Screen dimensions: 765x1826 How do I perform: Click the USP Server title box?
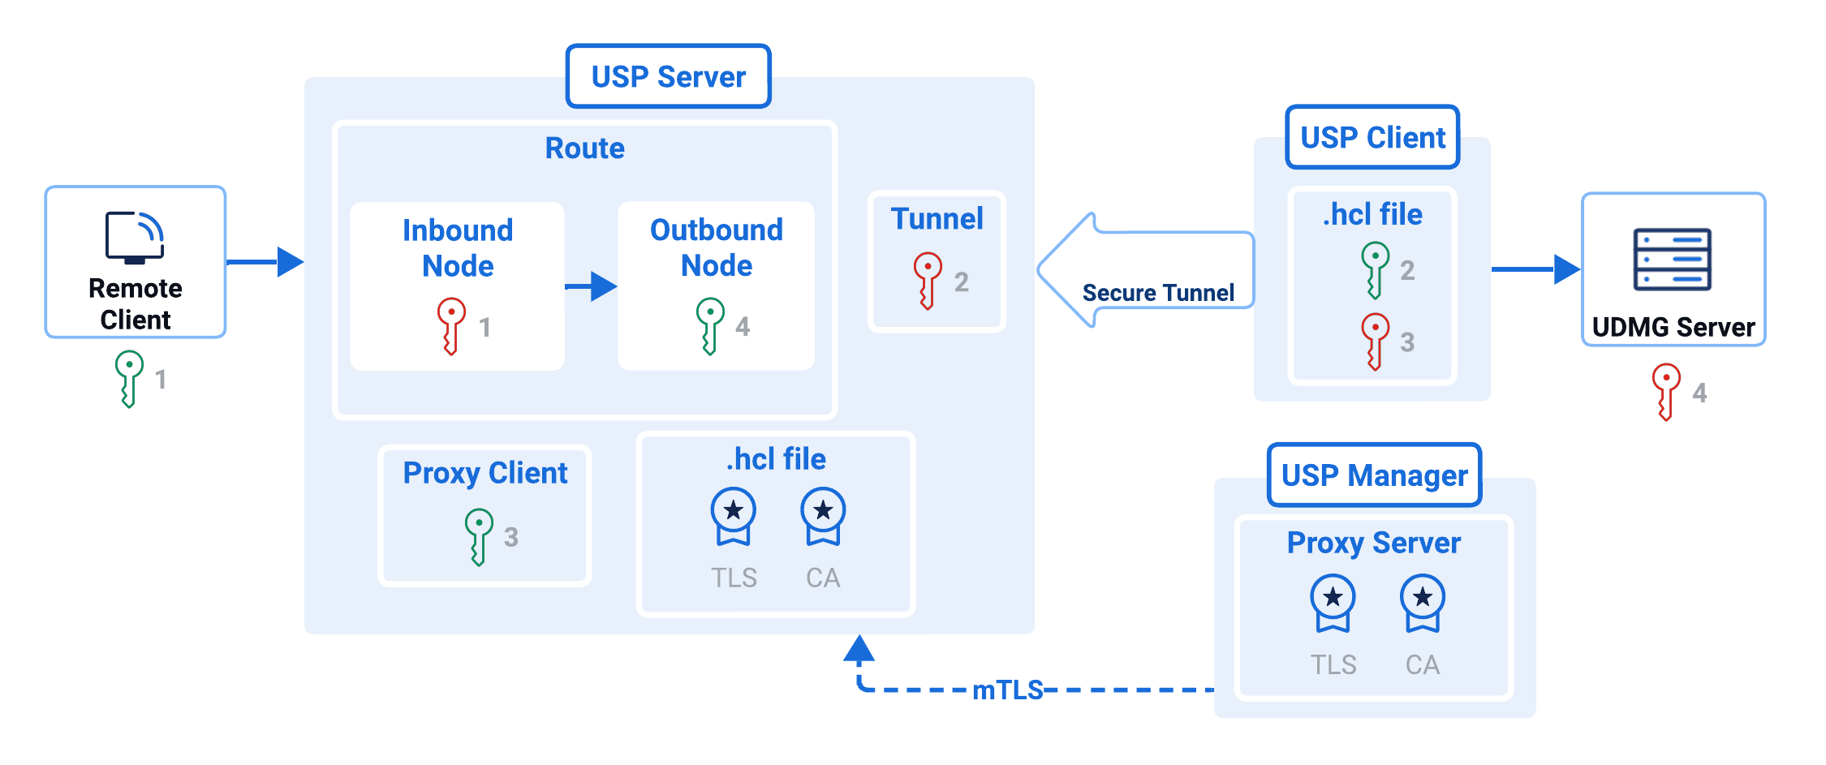pos(668,76)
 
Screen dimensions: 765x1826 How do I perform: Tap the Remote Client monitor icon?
pos(135,238)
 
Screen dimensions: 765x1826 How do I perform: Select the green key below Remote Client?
pos(128,378)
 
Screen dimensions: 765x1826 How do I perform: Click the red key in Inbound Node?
pos(450,325)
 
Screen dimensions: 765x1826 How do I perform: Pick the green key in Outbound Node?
pos(709,325)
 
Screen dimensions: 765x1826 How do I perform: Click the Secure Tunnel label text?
pos(1158,293)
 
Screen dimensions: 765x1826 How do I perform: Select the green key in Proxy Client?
pos(478,536)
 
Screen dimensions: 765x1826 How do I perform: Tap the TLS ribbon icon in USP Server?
pos(733,516)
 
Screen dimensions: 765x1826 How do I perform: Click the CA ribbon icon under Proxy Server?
pos(1422,603)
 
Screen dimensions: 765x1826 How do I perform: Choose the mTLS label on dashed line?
pos(1007,690)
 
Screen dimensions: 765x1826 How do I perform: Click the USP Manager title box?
pos(1374,475)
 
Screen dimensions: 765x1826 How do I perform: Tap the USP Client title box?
pos(1372,137)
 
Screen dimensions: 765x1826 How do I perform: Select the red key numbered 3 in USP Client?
pos(1374,341)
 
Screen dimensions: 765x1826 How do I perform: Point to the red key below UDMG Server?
pos(1665,391)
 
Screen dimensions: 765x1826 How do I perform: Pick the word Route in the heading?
pos(584,148)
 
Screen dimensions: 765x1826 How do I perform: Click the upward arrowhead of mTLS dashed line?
pos(859,649)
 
